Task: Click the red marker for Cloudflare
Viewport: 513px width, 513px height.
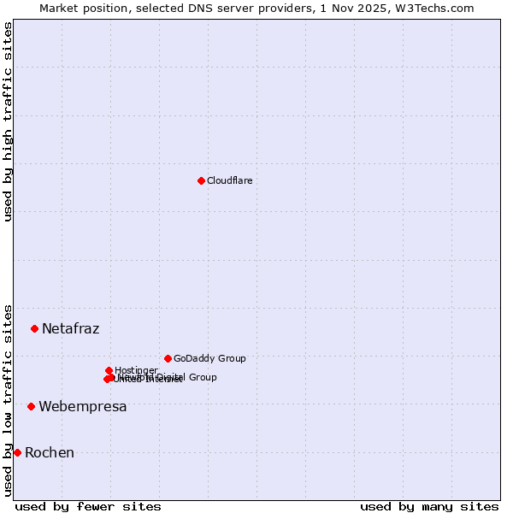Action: coord(201,180)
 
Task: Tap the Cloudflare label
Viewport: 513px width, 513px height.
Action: coord(230,180)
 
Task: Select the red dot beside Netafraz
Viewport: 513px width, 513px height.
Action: coord(34,328)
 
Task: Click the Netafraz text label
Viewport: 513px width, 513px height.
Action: coord(71,329)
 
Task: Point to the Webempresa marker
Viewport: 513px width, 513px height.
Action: coord(31,406)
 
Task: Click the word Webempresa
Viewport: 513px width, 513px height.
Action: coord(83,407)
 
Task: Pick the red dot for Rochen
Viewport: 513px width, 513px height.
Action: coord(17,452)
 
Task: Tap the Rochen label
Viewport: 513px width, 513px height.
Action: coord(50,453)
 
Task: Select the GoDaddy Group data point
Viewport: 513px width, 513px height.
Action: coord(168,358)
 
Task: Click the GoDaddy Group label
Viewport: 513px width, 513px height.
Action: coord(209,358)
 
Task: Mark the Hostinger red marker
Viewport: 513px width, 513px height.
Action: coord(109,370)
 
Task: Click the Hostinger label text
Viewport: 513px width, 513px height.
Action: coord(136,370)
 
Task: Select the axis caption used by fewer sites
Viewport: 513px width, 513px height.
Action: coord(88,507)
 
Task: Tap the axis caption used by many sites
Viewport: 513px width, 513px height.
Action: coord(429,507)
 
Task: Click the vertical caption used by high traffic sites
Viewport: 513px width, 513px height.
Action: coord(8,121)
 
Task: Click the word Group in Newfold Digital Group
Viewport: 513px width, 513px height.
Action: coord(203,377)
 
